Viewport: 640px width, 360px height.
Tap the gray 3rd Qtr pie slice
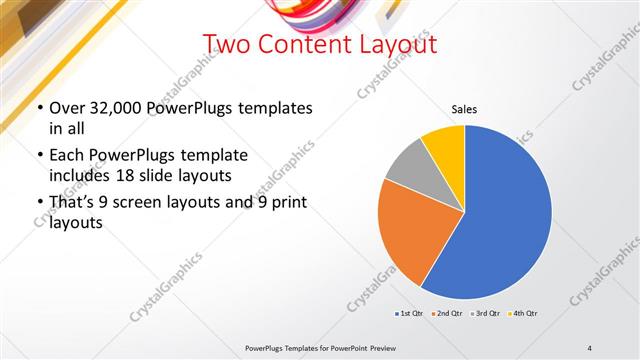[409, 166]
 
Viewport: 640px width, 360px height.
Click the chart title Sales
[464, 108]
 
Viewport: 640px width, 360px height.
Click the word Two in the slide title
[226, 45]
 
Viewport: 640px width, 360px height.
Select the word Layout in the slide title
[390, 45]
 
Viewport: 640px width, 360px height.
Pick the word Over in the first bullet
[66, 108]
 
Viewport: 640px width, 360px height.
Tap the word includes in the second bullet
[80, 176]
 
